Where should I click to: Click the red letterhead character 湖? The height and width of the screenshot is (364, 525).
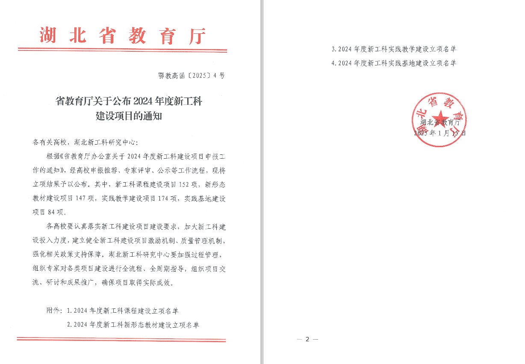[x=48, y=36]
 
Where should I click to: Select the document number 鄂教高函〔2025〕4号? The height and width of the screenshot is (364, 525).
[x=191, y=76]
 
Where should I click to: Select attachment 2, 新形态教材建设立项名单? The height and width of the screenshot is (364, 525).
[x=133, y=325]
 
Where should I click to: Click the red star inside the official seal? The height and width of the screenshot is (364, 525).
[x=439, y=117]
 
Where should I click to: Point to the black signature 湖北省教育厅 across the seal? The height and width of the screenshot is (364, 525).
[x=439, y=123]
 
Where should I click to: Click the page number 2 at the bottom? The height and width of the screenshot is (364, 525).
[x=307, y=339]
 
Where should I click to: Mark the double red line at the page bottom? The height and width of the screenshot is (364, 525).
[x=121, y=340]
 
